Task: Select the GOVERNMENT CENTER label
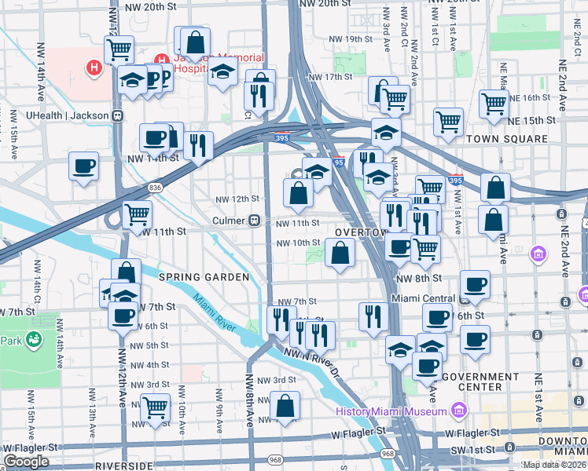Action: pyautogui.click(x=472, y=381)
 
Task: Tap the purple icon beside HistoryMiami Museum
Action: pyautogui.click(x=460, y=411)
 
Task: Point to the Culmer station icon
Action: pyautogui.click(x=255, y=221)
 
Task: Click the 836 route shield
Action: pyautogui.click(x=155, y=188)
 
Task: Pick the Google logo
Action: pyautogui.click(x=27, y=462)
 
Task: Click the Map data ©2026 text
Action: pyautogui.click(x=555, y=465)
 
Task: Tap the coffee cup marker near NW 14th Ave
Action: pyautogui.click(x=83, y=166)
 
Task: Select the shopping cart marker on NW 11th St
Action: pyautogui.click(x=138, y=213)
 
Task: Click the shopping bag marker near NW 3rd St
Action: pyautogui.click(x=285, y=405)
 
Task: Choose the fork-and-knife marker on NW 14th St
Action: pyautogui.click(x=198, y=144)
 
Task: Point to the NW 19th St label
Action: pyautogui.click(x=350, y=39)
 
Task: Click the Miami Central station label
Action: pyautogui.click(x=424, y=299)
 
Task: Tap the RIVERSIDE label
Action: pyautogui.click(x=123, y=466)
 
